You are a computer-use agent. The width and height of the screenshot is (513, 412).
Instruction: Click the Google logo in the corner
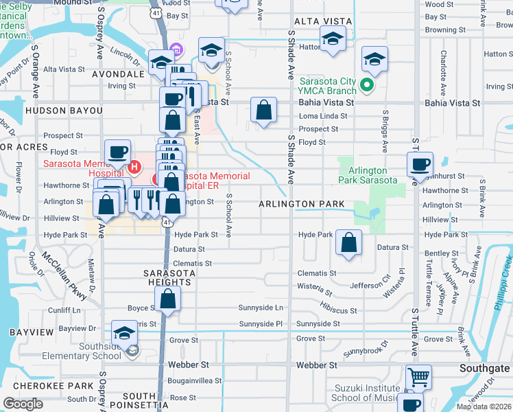click(x=23, y=404)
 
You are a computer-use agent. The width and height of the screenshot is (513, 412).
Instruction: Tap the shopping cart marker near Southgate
click(x=418, y=377)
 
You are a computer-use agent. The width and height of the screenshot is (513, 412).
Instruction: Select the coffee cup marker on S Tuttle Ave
click(x=420, y=165)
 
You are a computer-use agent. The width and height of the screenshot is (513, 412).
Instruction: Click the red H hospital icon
click(x=135, y=165)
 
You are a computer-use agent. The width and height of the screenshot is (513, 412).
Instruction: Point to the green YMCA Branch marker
click(x=367, y=86)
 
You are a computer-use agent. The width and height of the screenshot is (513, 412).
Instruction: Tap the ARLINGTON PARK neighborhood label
click(x=301, y=205)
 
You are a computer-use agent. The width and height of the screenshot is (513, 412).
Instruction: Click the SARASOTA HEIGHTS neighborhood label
click(x=167, y=277)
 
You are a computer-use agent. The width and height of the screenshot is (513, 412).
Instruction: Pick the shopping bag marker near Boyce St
click(x=167, y=299)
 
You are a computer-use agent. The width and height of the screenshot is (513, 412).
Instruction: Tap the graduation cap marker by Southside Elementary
click(x=124, y=334)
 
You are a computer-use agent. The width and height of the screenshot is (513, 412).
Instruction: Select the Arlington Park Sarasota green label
click(x=368, y=175)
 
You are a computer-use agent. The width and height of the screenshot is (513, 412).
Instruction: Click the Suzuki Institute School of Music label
click(x=365, y=393)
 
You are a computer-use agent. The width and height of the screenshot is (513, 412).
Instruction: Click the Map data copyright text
click(x=484, y=407)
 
